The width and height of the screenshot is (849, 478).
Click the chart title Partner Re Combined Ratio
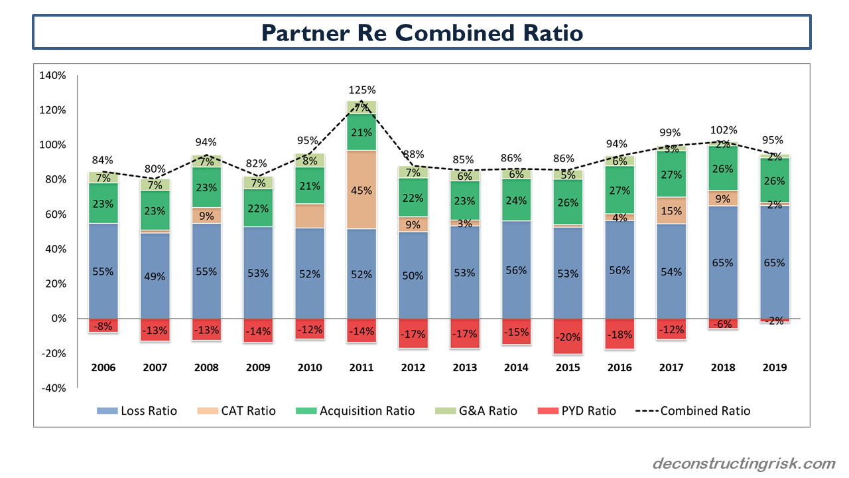click(x=422, y=32)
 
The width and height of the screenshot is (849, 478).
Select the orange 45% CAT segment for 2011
click(x=361, y=190)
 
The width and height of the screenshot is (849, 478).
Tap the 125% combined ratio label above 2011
click(x=361, y=90)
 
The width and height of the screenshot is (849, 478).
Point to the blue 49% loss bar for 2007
click(x=155, y=276)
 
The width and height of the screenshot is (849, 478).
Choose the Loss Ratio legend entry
click(x=137, y=411)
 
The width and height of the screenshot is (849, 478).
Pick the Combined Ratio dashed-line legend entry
click(x=693, y=411)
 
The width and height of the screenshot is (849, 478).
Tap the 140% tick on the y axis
click(x=53, y=76)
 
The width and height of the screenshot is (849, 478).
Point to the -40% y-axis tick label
click(x=53, y=388)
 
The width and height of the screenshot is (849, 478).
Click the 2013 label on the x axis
click(x=465, y=367)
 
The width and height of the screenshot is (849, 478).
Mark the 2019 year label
click(x=775, y=367)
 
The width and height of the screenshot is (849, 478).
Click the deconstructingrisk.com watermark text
click(x=744, y=463)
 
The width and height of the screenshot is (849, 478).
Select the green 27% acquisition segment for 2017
click(x=672, y=174)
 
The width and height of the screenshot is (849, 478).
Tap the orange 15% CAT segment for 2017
click(x=672, y=210)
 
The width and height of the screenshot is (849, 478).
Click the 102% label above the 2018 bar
click(x=724, y=130)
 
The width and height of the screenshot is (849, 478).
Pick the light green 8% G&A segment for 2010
click(x=310, y=160)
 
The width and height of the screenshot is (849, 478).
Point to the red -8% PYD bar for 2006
click(x=103, y=325)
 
